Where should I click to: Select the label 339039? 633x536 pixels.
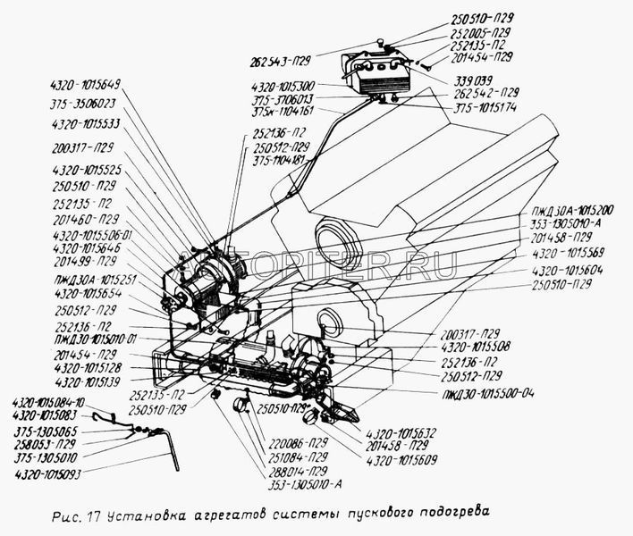[494, 79]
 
